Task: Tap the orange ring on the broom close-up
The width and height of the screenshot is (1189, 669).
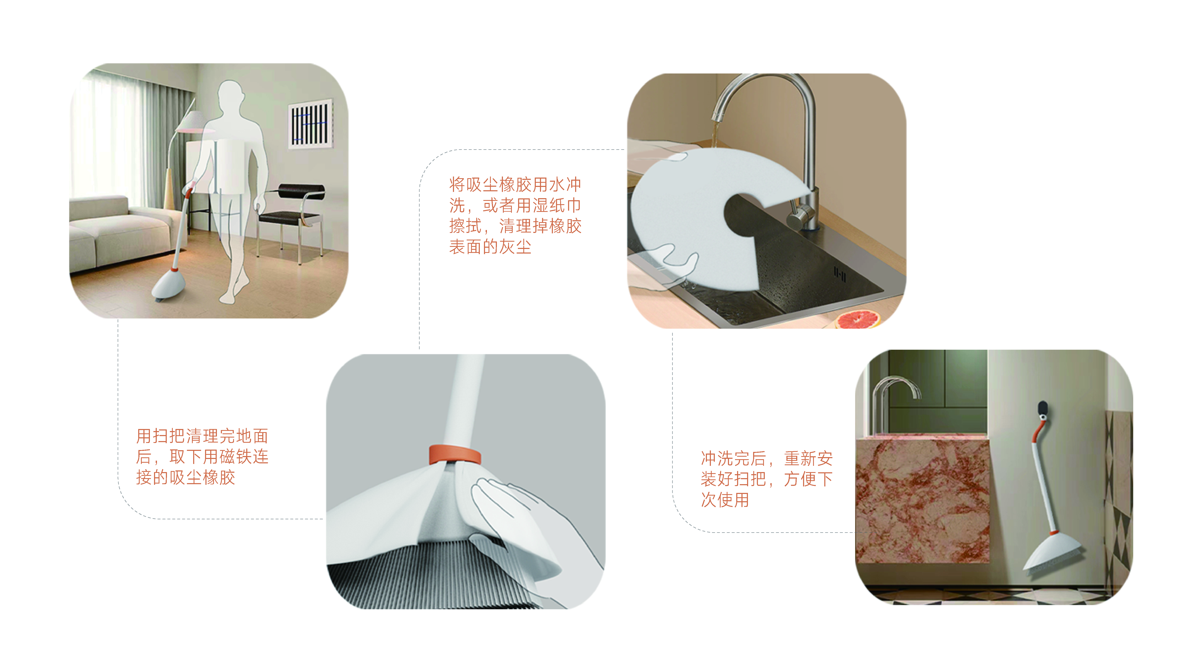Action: coord(455,455)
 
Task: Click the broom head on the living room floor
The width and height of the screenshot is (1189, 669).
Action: coord(168,286)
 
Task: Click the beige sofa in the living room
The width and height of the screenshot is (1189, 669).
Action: coord(115,231)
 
